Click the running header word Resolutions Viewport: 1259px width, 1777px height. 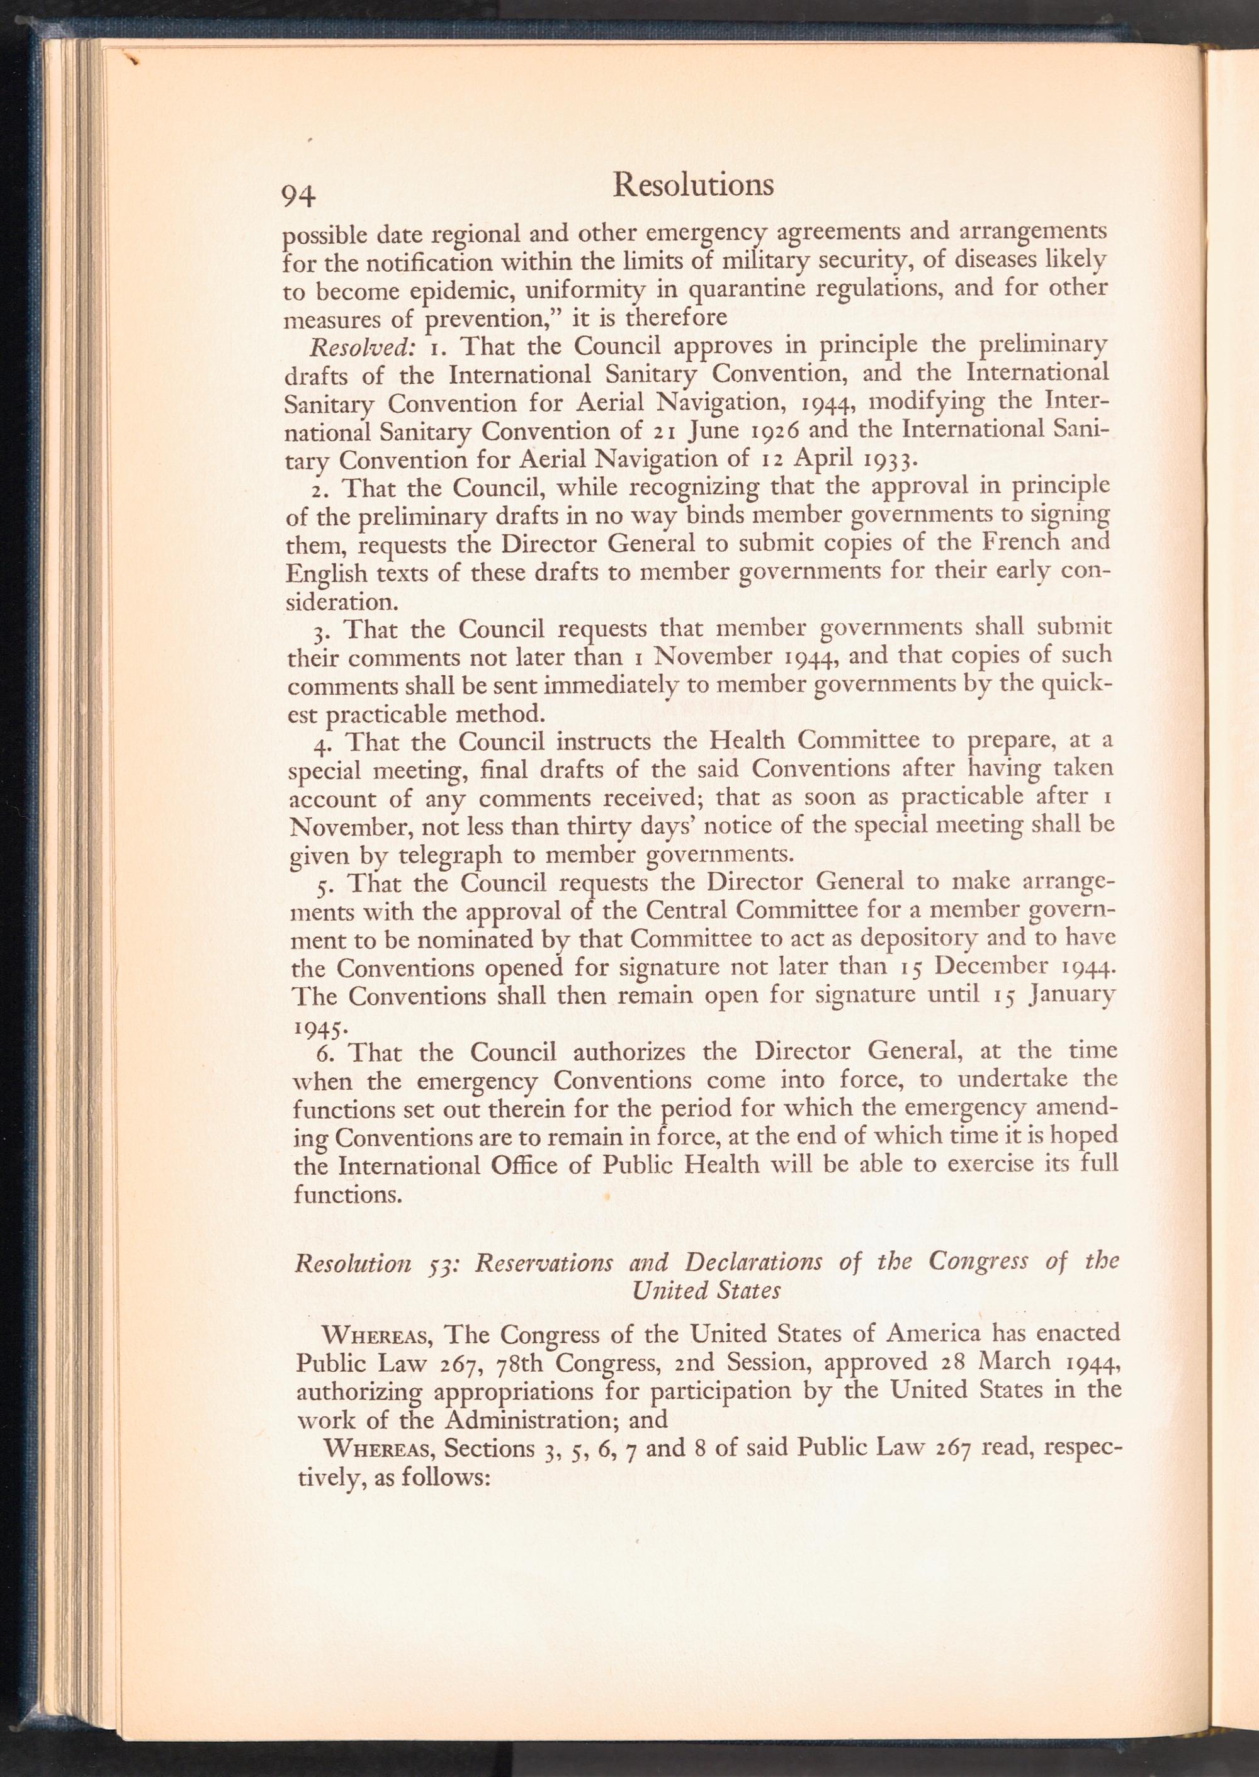(x=692, y=184)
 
